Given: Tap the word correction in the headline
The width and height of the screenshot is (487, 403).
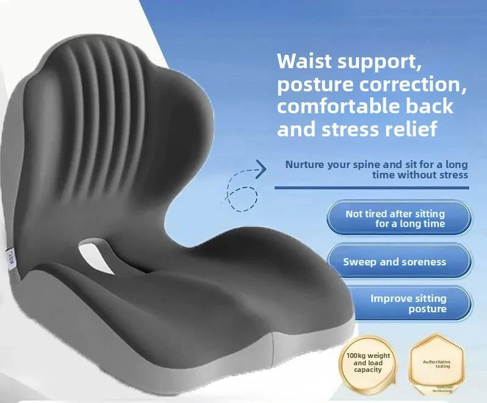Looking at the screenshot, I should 418,85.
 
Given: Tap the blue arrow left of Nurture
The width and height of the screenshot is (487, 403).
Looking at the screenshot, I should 260,169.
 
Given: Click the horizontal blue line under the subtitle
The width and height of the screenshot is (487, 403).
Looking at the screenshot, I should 372,187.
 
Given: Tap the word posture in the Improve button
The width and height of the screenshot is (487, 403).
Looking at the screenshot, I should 427,309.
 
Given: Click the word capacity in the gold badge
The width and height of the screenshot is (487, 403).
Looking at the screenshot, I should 368,370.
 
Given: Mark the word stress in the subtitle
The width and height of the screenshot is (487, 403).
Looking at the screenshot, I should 453,175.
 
